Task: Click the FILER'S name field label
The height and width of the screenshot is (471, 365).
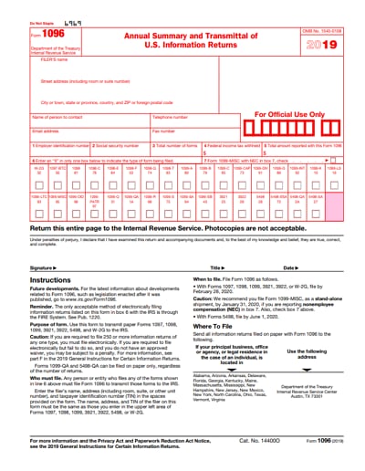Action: [55, 58]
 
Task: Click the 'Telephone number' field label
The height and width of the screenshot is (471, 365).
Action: [171, 117]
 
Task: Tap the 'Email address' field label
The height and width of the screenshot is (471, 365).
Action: [46, 131]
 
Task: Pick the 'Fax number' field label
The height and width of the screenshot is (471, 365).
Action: [164, 131]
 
